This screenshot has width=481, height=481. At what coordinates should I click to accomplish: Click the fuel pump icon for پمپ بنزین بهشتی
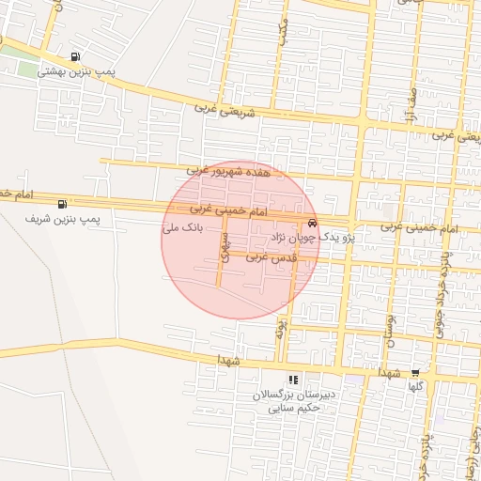point(75,56)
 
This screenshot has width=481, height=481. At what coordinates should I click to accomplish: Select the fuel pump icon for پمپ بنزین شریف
point(62,204)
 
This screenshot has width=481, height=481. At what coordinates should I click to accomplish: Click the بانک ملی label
point(183,228)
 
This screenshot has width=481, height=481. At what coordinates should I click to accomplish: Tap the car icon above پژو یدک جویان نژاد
point(312,224)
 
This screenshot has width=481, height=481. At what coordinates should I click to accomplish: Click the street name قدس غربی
point(272,256)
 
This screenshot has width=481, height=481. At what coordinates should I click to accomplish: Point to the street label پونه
point(279,328)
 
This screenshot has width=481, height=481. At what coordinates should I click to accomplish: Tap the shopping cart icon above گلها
point(415,372)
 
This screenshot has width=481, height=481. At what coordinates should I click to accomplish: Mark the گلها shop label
point(415,386)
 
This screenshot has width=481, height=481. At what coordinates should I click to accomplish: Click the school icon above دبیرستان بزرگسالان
point(293,380)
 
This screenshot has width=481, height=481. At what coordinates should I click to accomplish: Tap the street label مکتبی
point(282,34)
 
